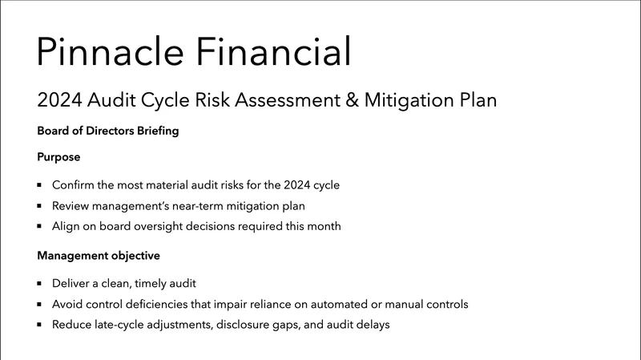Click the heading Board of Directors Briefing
pyautogui.click(x=107, y=131)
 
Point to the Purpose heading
pyautogui.click(x=58, y=157)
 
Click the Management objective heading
pyautogui.click(x=99, y=257)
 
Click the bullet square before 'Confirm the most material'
pyautogui.click(x=39, y=185)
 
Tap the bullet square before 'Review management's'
pyautogui.click(x=39, y=206)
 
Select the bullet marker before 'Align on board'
pyautogui.click(x=39, y=227)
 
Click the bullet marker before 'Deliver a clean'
pyautogui.click(x=39, y=284)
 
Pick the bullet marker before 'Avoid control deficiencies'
pyautogui.click(x=39, y=305)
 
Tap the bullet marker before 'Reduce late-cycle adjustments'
pyautogui.click(x=39, y=326)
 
